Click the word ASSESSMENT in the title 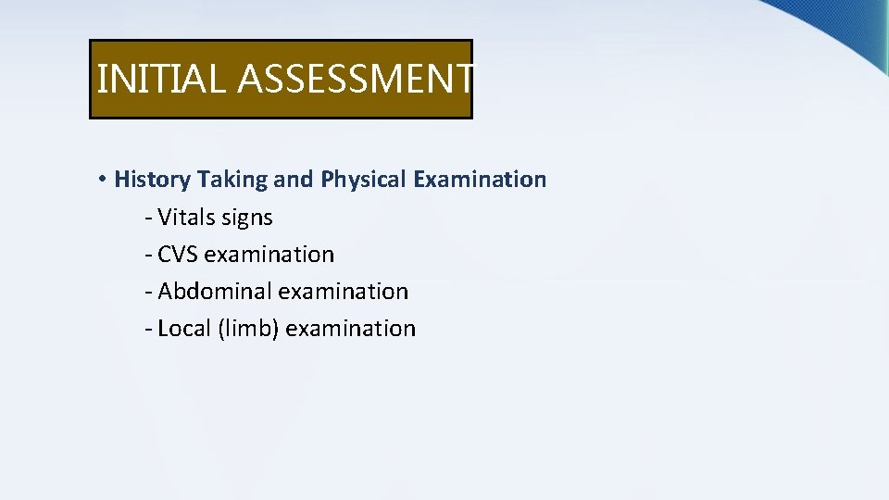coord(357,79)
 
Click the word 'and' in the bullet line coord(294,180)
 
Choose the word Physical coord(364,180)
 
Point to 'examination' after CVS coord(269,255)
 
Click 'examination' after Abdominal coord(344,292)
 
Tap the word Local coord(184,329)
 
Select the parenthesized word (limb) coord(249,329)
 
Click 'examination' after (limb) coord(351,329)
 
